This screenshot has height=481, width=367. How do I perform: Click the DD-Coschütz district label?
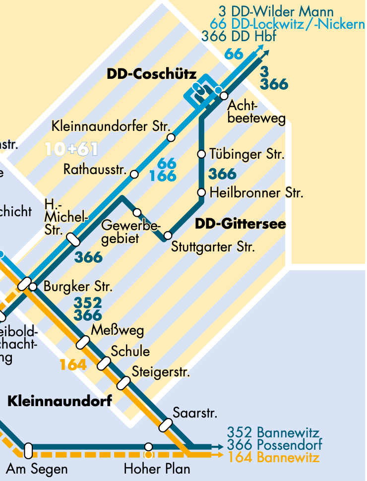tap(151, 74)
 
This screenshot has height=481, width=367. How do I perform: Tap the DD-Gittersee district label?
tap(240, 224)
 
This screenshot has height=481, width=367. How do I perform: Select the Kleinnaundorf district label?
tap(60, 401)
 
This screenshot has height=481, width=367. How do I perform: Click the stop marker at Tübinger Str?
tap(201, 154)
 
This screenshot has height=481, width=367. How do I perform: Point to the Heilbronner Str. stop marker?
tap(201, 192)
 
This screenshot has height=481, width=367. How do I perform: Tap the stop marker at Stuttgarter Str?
tap(168, 235)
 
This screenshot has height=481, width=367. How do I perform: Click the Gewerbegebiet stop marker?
tap(137, 213)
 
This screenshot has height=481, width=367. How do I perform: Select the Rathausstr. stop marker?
tap(134, 174)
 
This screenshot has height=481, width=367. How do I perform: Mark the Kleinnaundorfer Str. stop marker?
tap(171, 137)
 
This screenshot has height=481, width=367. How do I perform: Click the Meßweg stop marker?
tap(82, 342)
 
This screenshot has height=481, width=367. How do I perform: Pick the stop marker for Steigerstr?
tap(123, 383)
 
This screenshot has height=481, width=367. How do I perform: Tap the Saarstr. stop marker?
tap(165, 425)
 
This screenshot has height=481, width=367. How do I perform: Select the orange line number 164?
tap(73, 365)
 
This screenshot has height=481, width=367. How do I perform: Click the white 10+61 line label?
tap(71, 149)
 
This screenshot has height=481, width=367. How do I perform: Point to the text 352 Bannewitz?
tap(273, 433)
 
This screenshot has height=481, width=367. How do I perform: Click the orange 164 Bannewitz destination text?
tap(273, 457)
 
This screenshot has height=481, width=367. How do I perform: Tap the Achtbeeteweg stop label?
tap(256, 113)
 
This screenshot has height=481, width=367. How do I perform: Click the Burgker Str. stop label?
tap(78, 287)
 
